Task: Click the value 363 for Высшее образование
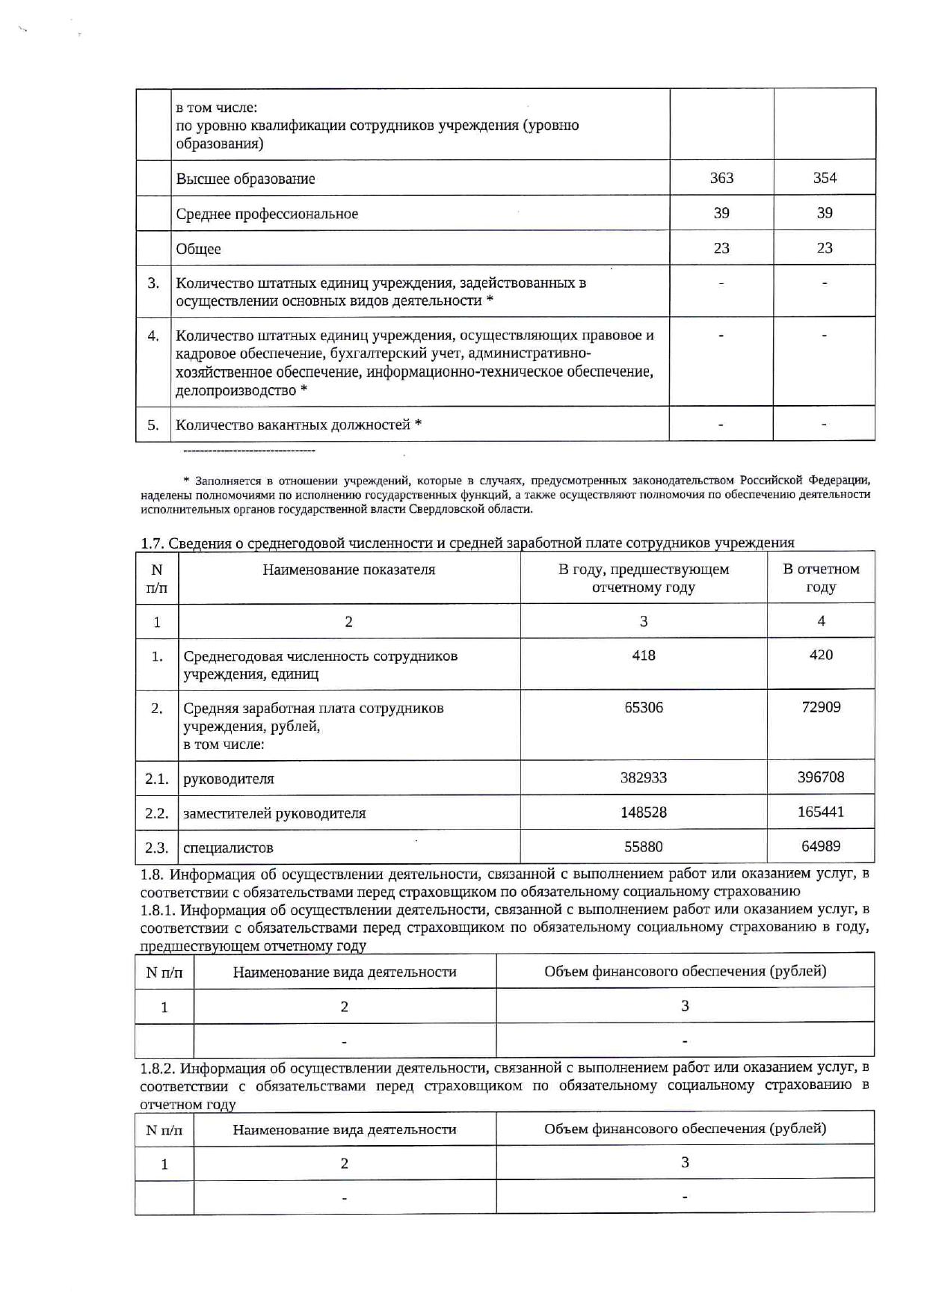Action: click(x=721, y=178)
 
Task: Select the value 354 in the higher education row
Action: click(x=825, y=178)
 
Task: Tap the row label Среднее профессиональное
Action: click(x=267, y=214)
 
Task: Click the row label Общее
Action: click(x=198, y=249)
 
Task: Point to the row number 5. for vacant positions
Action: click(x=153, y=425)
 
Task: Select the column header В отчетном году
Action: click(x=821, y=578)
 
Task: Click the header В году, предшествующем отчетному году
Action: click(x=644, y=578)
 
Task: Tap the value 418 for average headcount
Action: click(x=644, y=655)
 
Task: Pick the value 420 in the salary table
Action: click(x=821, y=655)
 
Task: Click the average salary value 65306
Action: click(x=644, y=707)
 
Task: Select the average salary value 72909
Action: click(x=821, y=707)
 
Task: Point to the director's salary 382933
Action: click(x=644, y=777)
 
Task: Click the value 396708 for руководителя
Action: click(x=821, y=777)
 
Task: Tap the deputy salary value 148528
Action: click(x=644, y=812)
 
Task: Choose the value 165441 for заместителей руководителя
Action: click(x=821, y=812)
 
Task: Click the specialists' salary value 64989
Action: click(x=821, y=846)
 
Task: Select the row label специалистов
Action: click(x=228, y=848)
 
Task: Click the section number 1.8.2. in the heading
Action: click(x=158, y=1068)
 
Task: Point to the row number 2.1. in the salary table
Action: click(x=157, y=779)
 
